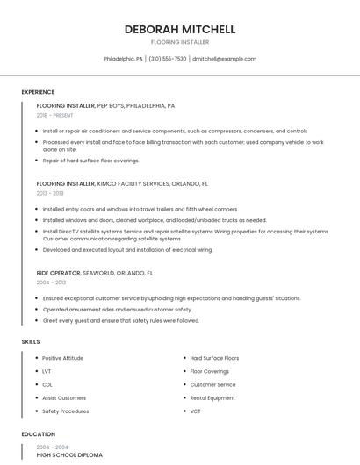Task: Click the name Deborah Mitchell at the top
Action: (179, 29)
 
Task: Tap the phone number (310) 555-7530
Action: (168, 59)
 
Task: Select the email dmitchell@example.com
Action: (225, 59)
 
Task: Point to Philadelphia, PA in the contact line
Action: (123, 59)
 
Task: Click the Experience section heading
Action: (38, 92)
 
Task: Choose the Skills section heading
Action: (31, 341)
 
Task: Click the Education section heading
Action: (38, 434)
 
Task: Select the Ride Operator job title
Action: (59, 273)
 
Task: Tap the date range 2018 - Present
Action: (54, 115)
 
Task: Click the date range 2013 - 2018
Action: (50, 193)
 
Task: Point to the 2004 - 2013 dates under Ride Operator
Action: (50, 283)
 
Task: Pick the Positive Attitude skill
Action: (62, 358)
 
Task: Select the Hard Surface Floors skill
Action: (214, 358)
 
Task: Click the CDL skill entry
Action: (47, 384)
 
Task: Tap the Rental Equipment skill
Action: (212, 397)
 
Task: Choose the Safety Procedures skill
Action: (65, 411)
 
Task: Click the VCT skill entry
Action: (196, 411)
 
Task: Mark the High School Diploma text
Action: (69, 455)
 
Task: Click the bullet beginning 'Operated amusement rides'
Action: (117, 310)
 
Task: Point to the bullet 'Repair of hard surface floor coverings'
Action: (90, 161)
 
